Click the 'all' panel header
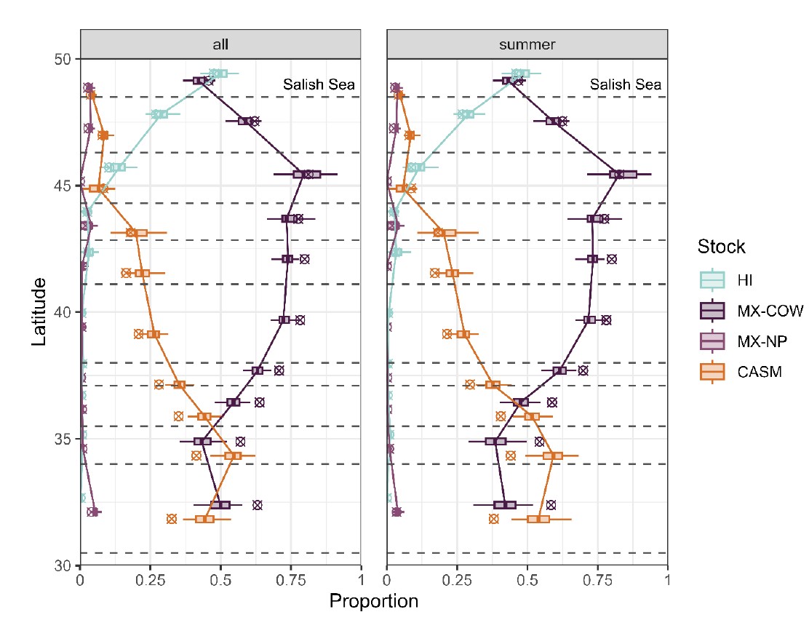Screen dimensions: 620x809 (x=220, y=44)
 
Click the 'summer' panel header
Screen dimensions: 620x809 (x=527, y=44)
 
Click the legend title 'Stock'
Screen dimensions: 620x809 (x=720, y=246)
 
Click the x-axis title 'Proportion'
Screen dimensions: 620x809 (x=374, y=602)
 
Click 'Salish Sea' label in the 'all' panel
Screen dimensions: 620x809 (x=319, y=85)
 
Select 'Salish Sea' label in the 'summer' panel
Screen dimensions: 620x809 (x=626, y=85)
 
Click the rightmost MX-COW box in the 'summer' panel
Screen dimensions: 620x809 (x=623, y=175)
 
